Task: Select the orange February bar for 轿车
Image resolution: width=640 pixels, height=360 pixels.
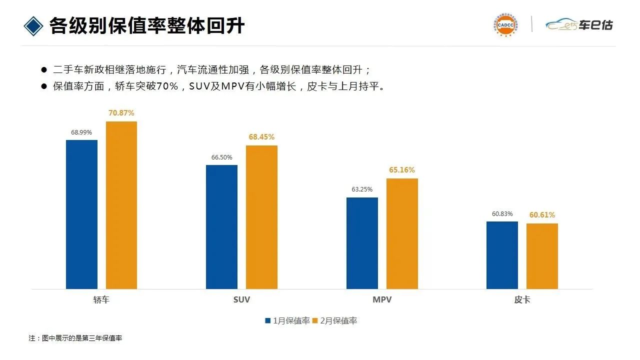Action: (121, 205)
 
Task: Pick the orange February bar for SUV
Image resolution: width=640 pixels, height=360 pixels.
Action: (261, 217)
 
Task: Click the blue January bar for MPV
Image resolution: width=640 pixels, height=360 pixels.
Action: (362, 243)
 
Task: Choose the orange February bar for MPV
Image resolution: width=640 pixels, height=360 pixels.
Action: (402, 233)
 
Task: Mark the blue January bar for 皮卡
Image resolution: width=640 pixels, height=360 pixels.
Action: (502, 255)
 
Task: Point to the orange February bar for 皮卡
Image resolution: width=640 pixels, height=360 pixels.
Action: (542, 256)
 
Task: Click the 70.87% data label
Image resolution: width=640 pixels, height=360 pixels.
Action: (121, 113)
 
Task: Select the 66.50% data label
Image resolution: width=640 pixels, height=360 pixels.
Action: (221, 157)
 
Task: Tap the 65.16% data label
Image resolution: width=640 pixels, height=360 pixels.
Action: (402, 170)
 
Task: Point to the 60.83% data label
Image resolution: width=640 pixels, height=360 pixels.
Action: (502, 214)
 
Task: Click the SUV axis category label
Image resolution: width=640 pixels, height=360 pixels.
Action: (241, 300)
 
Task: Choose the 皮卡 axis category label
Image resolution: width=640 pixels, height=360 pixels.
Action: (522, 300)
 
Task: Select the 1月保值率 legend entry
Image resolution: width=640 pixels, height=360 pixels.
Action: (288, 321)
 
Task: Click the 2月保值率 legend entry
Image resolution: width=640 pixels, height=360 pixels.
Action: (335, 321)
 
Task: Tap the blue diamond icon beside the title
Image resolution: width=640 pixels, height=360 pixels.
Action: (33, 25)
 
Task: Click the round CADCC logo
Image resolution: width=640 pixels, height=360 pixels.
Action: (504, 25)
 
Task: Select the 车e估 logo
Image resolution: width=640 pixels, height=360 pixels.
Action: (579, 24)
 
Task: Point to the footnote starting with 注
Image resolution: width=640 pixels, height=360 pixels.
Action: (75, 338)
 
